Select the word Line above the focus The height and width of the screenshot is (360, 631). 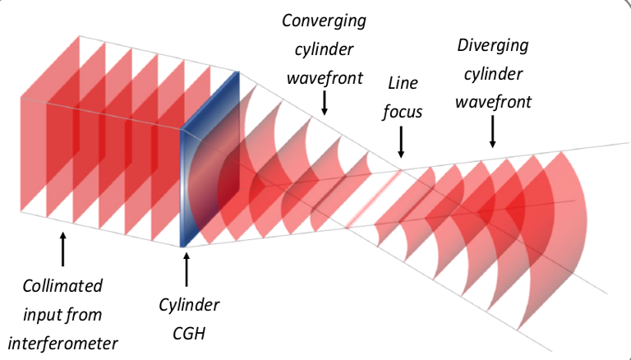(403, 84)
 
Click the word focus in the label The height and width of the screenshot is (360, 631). (403, 110)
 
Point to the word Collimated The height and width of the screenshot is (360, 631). (62, 286)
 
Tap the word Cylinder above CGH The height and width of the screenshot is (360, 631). (189, 306)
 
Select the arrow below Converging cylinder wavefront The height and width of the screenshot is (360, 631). (325, 103)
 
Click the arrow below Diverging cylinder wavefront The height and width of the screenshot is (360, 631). (492, 132)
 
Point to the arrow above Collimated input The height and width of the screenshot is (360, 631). (63, 247)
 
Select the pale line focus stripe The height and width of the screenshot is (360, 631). (374, 197)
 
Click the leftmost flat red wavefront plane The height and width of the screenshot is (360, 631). (37, 156)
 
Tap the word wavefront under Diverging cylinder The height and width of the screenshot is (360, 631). (494, 103)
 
